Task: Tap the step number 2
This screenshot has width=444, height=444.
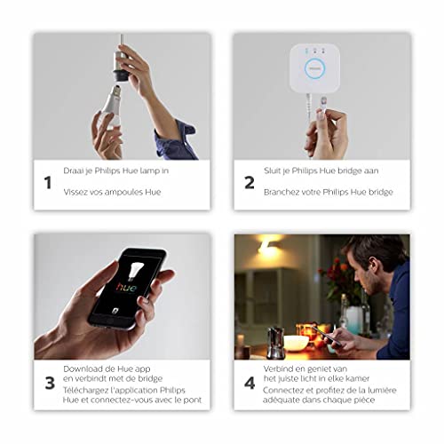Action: coord(250,183)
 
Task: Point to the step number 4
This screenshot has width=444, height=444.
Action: coord(250,385)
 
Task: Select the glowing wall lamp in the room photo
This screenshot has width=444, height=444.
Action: coord(266,251)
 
